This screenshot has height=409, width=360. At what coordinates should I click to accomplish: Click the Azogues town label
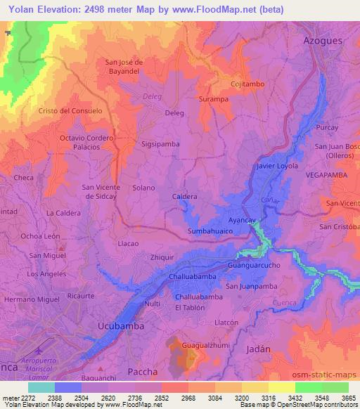coord(323,40)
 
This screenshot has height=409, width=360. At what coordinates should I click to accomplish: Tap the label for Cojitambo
coord(247,84)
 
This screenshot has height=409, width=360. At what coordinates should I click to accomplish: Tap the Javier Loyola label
coord(278,166)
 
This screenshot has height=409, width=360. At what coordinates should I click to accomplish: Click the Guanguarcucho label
coord(253,266)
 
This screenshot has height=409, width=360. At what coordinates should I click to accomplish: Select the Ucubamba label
coord(121,326)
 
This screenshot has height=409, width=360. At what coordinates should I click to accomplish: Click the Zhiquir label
coord(162,257)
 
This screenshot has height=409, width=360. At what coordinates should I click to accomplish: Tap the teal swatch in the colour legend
coord(41,387)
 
